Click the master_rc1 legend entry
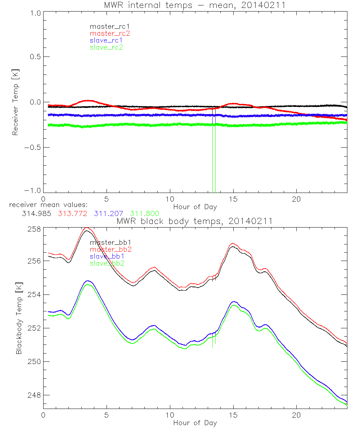(106, 26)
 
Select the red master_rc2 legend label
(110, 33)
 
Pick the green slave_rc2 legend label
(106, 47)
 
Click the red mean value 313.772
(73, 213)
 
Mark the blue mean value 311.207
(109, 213)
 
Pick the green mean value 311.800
(145, 213)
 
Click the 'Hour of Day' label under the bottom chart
(195, 423)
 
